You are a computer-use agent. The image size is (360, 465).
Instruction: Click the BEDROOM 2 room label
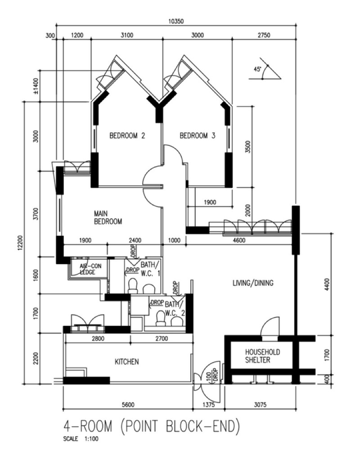coord(127,136)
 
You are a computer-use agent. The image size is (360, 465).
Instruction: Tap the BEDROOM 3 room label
coord(198,136)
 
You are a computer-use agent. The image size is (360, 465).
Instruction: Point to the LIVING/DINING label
coord(253,283)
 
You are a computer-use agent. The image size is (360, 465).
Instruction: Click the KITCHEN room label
coord(126,362)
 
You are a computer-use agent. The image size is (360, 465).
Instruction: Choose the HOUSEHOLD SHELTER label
coord(262,356)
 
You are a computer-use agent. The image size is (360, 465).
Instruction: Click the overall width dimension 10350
coord(176,21)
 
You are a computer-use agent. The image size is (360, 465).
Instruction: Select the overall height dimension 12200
coord(19,244)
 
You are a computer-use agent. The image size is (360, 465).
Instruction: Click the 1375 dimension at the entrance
coord(208,404)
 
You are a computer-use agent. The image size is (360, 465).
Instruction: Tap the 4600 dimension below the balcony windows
coord(239,240)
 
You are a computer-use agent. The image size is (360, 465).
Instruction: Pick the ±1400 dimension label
coord(36,86)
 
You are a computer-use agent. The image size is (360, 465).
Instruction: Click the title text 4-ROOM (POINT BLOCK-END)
coord(151,426)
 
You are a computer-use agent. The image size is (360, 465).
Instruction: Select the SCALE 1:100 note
coord(81,439)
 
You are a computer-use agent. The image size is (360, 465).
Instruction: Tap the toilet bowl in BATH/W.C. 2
coord(161,318)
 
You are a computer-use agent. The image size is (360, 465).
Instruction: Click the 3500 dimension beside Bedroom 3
coord(248,147)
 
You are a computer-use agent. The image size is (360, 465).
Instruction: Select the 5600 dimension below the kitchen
coord(128,404)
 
